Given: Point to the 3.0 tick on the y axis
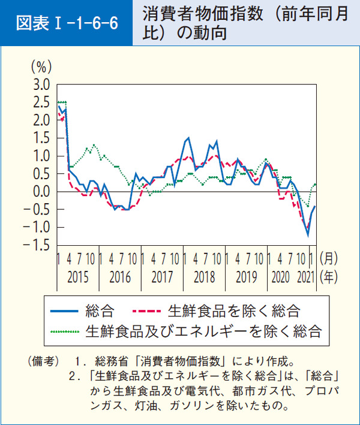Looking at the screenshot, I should click(x=41, y=85).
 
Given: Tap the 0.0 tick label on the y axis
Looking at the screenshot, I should click(x=41, y=192).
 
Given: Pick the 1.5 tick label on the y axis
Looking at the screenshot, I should click(x=41, y=138).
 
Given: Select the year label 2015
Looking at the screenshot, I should click(x=78, y=278).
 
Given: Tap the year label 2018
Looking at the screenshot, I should click(x=205, y=278).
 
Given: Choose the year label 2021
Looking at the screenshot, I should click(x=305, y=278).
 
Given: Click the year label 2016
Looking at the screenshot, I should click(x=120, y=278).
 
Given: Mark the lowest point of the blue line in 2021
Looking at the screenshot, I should click(x=308, y=236).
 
